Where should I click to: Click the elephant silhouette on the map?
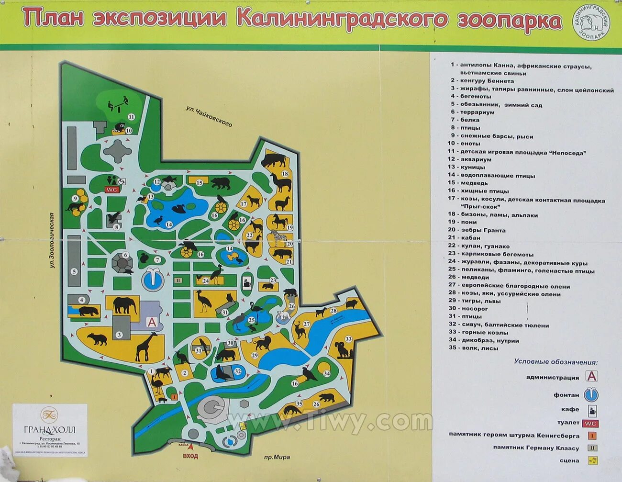point(125,305)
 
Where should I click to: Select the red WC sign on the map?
point(111,190)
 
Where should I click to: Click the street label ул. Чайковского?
point(209,117)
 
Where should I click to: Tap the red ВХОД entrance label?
point(190,456)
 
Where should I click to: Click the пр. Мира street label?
point(276,457)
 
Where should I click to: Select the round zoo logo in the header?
point(592,24)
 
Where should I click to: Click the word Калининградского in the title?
point(342,19)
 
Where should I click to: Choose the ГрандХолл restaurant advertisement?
point(50,429)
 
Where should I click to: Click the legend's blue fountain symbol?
point(591,395)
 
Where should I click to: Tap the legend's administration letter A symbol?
point(592,377)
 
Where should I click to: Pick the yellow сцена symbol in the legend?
point(592,460)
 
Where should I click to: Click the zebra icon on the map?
point(278,236)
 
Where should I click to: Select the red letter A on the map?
point(152,322)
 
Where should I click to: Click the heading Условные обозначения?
point(556,362)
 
